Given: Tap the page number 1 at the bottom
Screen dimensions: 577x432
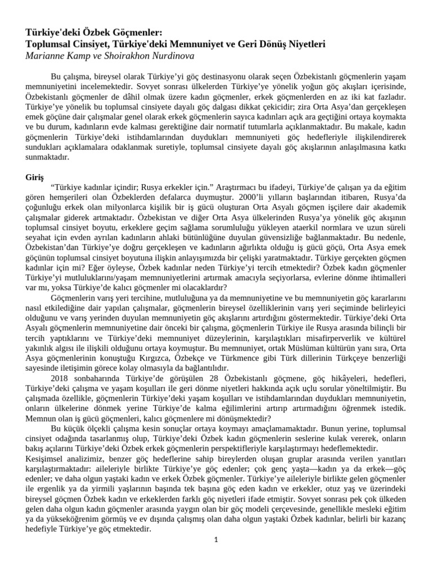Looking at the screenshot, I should tap(215, 540).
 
